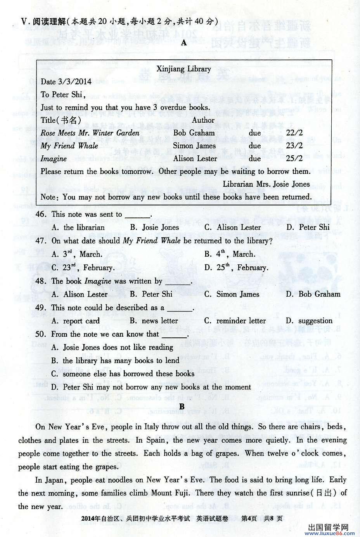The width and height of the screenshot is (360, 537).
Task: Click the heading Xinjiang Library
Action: [x=183, y=69]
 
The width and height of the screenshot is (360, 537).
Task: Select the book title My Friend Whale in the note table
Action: [x=69, y=146]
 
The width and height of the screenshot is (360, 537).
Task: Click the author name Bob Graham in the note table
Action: [x=194, y=133]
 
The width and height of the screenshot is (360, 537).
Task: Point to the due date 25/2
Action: [x=294, y=158]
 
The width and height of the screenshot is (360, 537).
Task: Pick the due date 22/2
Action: [x=294, y=133]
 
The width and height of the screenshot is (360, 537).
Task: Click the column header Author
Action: [x=203, y=120]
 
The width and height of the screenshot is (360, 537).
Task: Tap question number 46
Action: [x=41, y=214]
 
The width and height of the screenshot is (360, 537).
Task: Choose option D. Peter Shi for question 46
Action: [x=308, y=228]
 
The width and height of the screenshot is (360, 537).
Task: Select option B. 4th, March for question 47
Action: [x=230, y=254]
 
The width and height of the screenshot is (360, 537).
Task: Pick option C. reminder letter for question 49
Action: [x=235, y=321]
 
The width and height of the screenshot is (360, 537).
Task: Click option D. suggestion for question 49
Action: [x=309, y=321]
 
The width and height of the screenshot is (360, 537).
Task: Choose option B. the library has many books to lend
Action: [x=115, y=361]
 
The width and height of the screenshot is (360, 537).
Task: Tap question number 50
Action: [x=41, y=334]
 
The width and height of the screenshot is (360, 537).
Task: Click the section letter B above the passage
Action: [x=182, y=407]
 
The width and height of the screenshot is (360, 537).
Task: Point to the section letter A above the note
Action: [x=183, y=43]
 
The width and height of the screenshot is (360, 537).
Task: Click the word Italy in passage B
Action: [x=152, y=427]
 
